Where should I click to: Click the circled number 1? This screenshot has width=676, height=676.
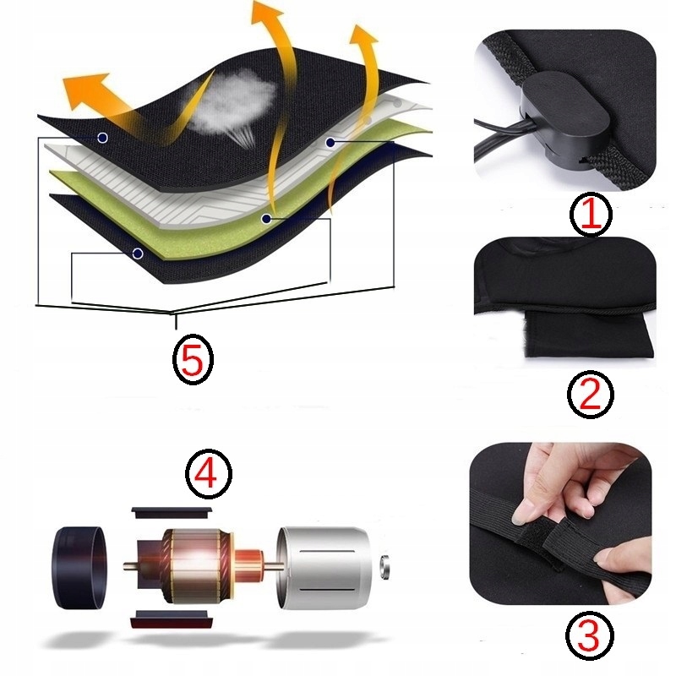591,214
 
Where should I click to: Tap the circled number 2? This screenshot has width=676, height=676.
590,395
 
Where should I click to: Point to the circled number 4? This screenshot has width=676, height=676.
209,474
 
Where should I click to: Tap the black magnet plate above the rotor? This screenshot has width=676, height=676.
172,513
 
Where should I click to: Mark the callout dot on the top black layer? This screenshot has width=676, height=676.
102,138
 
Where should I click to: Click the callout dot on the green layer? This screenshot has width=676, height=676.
267,219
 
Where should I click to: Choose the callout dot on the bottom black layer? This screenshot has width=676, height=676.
138,253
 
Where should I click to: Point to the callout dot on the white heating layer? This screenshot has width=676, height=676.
330,142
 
